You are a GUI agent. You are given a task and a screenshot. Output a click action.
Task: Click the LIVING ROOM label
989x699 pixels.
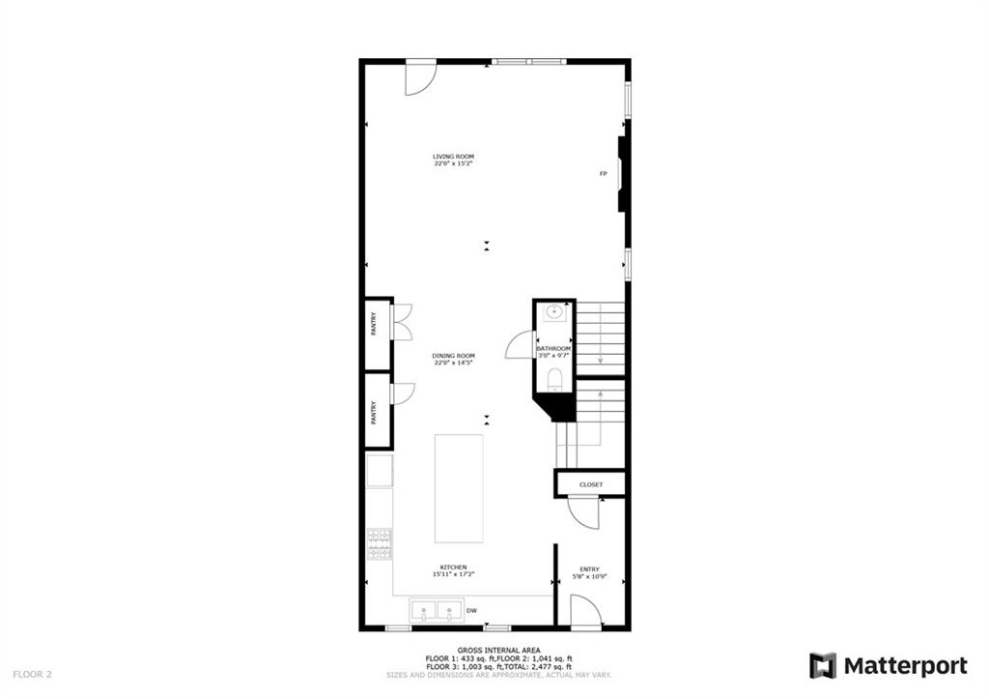click(453, 156)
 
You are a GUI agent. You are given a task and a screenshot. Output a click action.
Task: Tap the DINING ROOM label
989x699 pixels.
click(453, 355)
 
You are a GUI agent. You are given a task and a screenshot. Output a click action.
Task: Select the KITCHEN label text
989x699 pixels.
click(453, 567)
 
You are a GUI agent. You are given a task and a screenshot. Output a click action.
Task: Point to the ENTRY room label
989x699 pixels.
click(589, 568)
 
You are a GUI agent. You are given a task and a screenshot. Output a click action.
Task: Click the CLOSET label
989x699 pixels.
click(591, 484)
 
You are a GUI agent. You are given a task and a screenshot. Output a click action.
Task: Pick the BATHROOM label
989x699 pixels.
click(553, 348)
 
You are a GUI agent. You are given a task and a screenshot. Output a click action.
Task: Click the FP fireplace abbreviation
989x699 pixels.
click(603, 174)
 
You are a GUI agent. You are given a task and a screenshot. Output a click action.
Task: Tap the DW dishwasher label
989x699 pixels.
click(472, 610)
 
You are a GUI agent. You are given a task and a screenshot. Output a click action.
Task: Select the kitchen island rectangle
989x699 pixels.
click(459, 488)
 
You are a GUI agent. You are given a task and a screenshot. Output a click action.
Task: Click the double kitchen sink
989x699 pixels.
click(436, 610)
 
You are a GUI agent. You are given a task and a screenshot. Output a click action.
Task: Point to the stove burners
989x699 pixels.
click(379, 544)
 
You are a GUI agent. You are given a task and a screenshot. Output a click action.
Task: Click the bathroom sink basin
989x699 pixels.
click(554, 312)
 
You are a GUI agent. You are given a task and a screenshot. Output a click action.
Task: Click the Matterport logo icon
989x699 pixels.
click(823, 665)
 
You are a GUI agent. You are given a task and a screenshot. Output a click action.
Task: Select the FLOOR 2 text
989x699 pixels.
click(31, 673)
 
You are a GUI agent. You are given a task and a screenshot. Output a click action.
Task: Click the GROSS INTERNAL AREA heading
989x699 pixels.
click(498, 650)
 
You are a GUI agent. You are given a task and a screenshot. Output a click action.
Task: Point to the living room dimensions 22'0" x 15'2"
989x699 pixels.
click(453, 163)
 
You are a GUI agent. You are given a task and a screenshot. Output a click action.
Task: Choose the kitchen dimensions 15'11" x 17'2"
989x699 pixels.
click(453, 574)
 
